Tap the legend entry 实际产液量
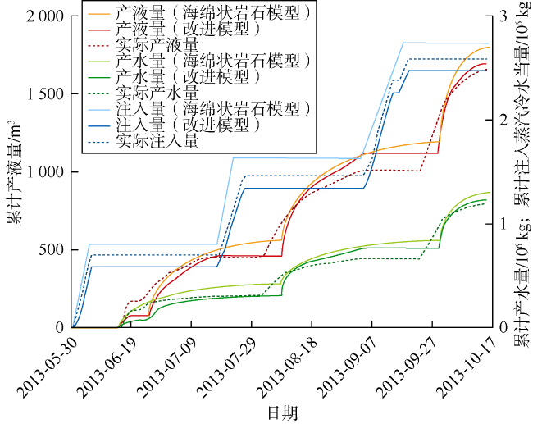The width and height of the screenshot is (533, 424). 150,45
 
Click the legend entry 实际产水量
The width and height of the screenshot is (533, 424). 150,93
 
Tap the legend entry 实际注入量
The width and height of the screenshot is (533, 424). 150,140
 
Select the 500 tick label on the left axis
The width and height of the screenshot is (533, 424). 53,249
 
